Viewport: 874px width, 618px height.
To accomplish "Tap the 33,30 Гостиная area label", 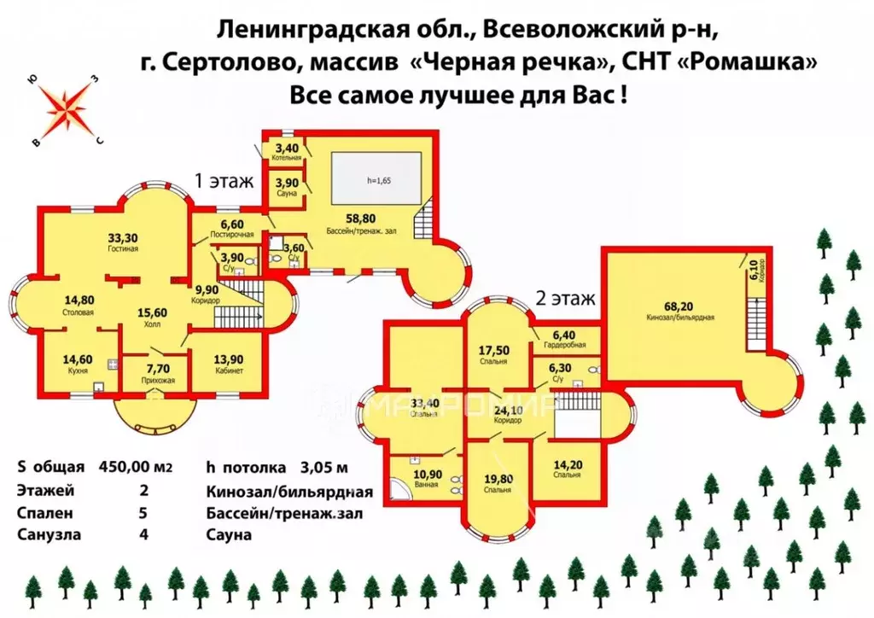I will (125, 242).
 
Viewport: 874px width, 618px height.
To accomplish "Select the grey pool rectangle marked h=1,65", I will (376, 180).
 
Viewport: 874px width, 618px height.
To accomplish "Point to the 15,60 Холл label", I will (153, 317).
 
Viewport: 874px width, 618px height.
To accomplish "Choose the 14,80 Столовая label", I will (79, 305).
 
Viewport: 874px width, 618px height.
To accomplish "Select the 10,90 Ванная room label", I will (427, 478).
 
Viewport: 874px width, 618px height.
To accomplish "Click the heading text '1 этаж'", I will (224, 181).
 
